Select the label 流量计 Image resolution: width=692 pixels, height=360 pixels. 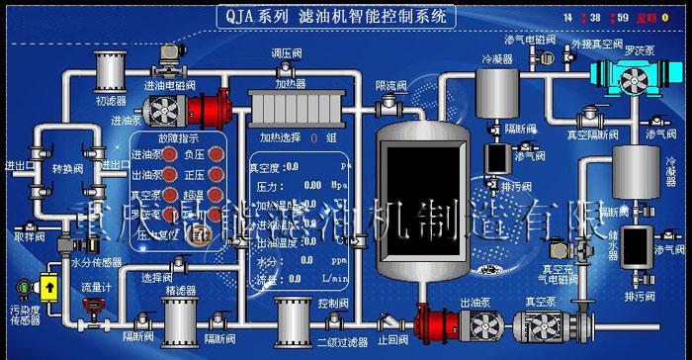(x=97, y=288)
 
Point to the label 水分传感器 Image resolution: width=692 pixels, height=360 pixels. (x=96, y=262)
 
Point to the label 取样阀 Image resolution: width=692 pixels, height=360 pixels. (x=28, y=237)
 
